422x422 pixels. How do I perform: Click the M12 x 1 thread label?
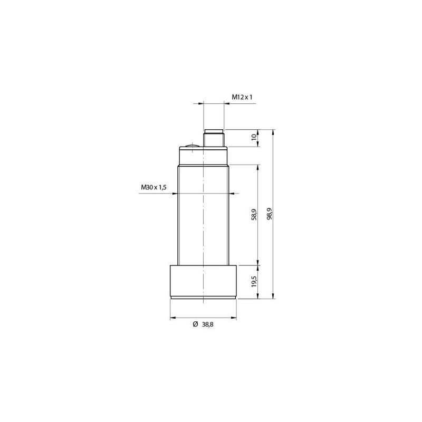243,97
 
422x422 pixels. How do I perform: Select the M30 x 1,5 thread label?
154,187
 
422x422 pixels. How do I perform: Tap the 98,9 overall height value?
270,214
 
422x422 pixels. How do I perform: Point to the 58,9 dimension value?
254,214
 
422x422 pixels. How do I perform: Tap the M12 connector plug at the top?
214,138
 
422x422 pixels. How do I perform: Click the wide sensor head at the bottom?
203,281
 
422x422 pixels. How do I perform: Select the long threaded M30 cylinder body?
203,214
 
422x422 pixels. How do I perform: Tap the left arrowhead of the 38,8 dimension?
172,318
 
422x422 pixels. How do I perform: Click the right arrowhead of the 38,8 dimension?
234,318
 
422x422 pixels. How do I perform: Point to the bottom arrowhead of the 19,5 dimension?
257,297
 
